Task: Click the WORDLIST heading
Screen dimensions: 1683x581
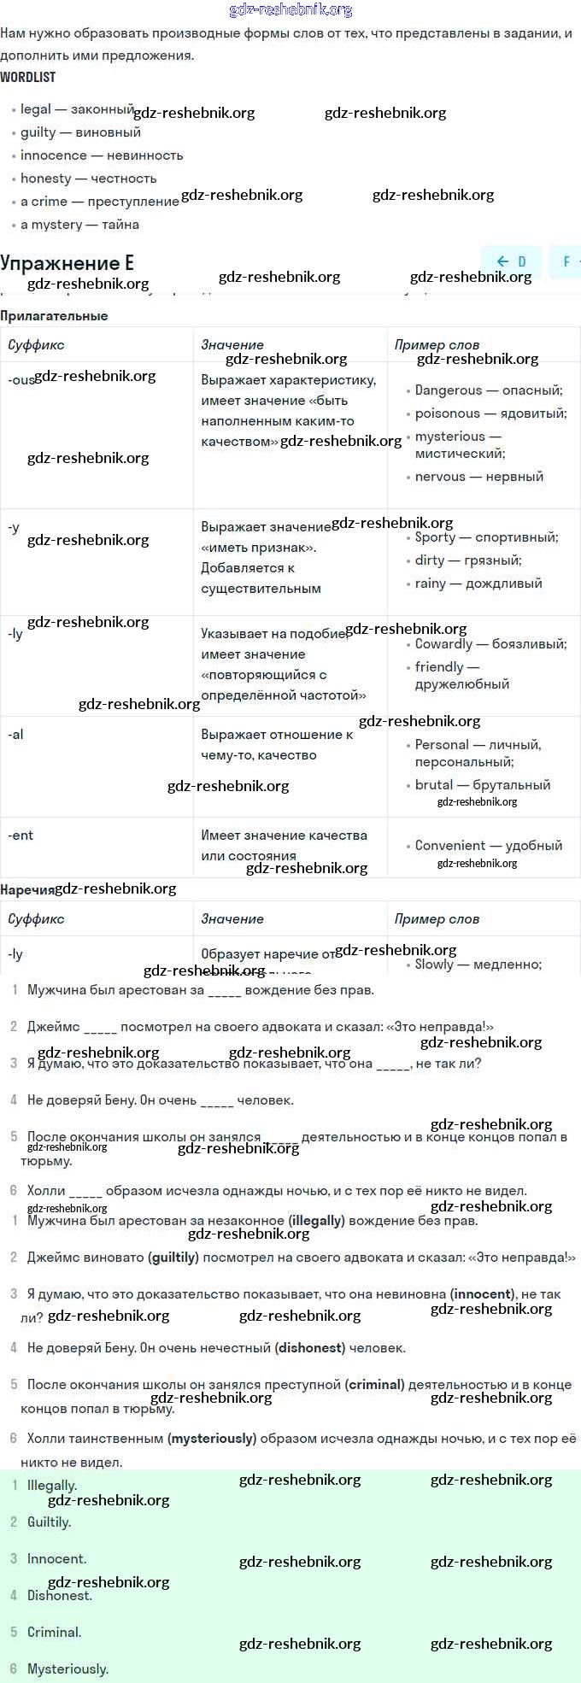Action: (28, 77)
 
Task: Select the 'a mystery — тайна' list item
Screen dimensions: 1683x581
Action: (79, 225)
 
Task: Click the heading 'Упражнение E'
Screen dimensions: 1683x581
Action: (67, 262)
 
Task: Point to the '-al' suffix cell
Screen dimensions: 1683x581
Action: (15, 734)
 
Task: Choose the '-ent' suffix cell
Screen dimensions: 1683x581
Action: (21, 835)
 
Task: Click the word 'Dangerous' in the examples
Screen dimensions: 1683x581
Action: (449, 390)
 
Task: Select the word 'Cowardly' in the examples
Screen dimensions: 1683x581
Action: (443, 644)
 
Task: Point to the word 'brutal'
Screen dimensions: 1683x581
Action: (434, 785)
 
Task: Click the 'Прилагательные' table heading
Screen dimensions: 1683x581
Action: (54, 316)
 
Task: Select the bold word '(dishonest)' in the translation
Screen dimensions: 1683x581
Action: (310, 1348)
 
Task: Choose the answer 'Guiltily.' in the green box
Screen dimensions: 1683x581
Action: (49, 1522)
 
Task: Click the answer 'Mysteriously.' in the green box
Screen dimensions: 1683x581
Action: (67, 1668)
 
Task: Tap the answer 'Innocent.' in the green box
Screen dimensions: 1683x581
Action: (56, 1559)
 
